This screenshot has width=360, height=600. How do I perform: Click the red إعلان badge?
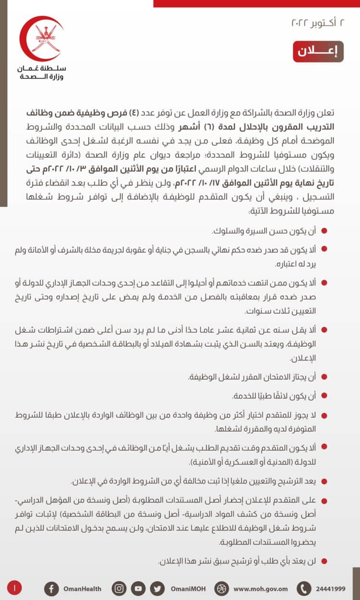318,51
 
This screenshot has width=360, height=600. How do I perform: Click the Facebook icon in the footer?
51,588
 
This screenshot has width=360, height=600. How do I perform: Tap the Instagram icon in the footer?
119,588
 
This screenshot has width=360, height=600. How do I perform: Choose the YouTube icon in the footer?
138,588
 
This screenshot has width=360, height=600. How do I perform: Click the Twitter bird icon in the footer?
157,588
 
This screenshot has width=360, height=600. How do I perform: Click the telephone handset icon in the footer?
304,588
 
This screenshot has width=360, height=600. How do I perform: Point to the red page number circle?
15,587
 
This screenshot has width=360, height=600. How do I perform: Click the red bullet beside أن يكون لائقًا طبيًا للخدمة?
324,396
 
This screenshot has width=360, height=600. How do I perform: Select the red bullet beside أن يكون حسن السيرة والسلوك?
324,231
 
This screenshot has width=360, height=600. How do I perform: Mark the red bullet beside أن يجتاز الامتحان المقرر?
324,377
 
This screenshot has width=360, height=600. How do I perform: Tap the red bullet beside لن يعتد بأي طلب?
324,561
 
